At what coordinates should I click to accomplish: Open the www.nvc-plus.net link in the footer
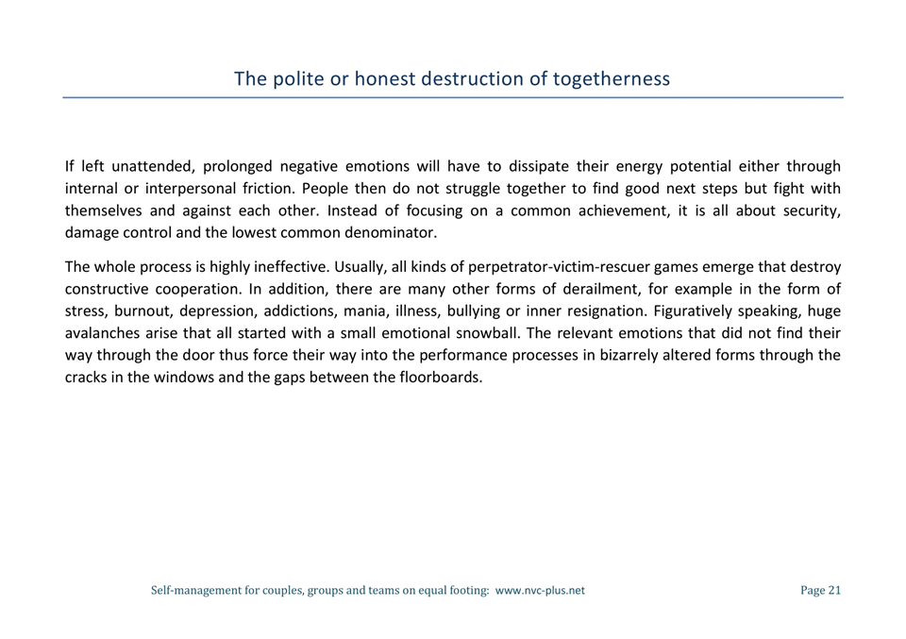coord(540,591)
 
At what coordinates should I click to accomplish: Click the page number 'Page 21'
coord(819,591)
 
